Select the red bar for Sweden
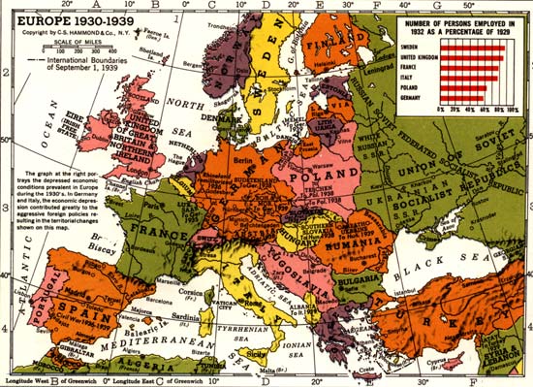pyautogui.click(x=476, y=46)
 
